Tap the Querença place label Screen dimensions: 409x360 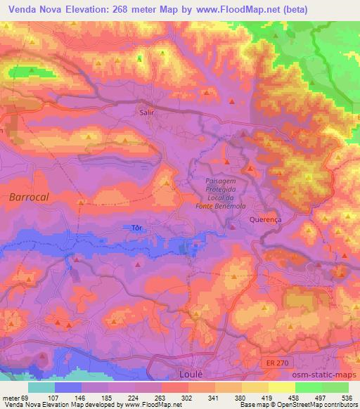(x=265, y=219)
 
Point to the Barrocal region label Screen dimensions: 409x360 (x=29, y=197)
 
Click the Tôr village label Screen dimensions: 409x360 (x=137, y=228)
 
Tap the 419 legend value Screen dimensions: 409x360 (x=269, y=398)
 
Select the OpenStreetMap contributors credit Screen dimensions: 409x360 (x=316, y=405)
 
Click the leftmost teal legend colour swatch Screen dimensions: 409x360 (x=41, y=387)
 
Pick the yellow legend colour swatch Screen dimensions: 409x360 (x=282, y=387)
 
